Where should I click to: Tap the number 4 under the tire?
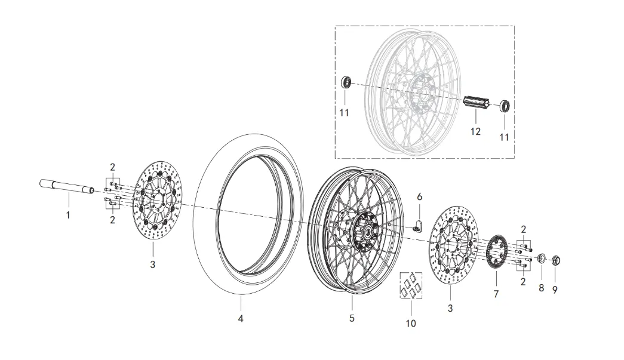tap(241, 319)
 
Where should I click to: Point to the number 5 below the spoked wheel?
tap(352, 318)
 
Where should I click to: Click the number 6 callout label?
tap(419, 196)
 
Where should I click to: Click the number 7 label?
tap(496, 294)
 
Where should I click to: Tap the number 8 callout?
tap(542, 288)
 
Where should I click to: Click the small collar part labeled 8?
tap(542, 259)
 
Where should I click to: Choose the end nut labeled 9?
tap(556, 260)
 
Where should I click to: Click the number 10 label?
tap(411, 324)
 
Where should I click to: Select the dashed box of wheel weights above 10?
tap(411, 285)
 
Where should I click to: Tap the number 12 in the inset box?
tap(475, 131)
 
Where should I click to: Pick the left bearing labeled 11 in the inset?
tap(345, 82)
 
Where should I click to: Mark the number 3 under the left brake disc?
tap(152, 264)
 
